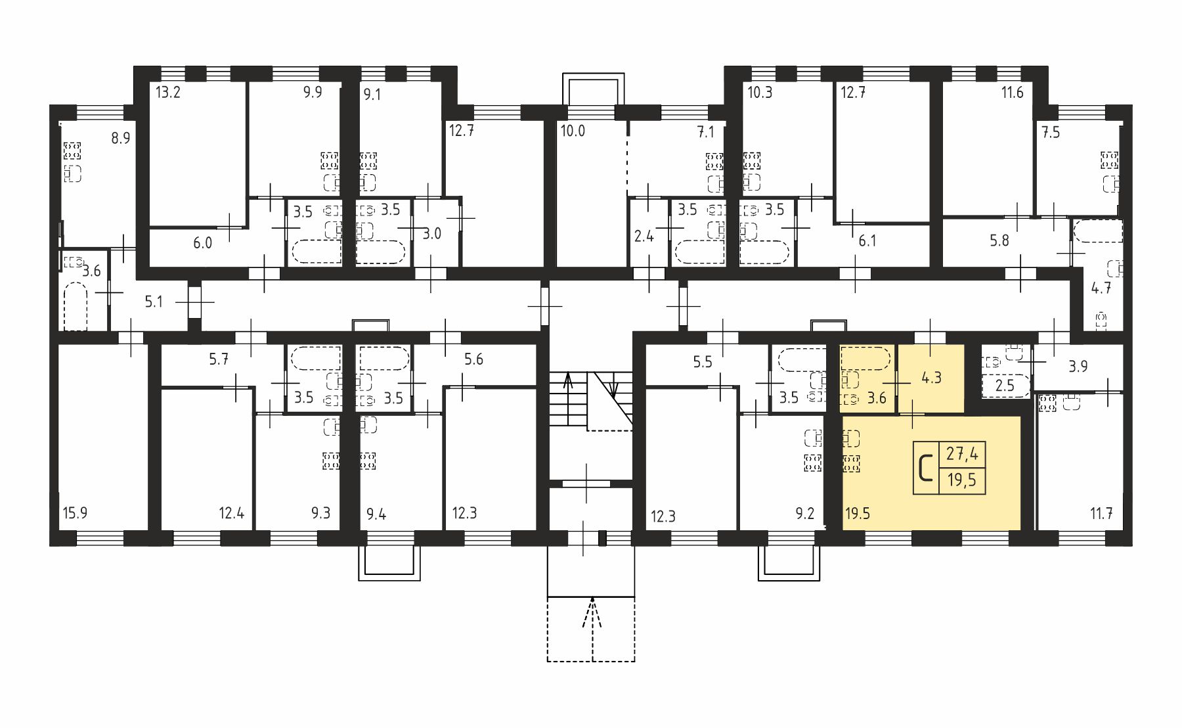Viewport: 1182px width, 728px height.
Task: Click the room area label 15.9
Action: [x=75, y=513]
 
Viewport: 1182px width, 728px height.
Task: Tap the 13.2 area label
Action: [x=167, y=92]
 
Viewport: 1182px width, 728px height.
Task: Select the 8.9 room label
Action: [x=120, y=138]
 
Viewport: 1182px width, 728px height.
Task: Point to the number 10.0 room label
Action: [x=573, y=131]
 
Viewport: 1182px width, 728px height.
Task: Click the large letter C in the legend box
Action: [x=926, y=468]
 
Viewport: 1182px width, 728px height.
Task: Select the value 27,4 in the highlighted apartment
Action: [x=962, y=454]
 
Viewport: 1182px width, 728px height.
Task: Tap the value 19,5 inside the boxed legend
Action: [x=962, y=481]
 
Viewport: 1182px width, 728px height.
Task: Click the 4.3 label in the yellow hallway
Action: [x=931, y=378]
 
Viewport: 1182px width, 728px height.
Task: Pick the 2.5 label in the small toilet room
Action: [x=1005, y=386]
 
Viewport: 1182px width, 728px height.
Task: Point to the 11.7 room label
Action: [x=1101, y=513]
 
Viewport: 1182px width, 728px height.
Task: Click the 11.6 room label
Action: [x=1012, y=93]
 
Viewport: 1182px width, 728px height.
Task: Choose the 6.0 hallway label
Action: [x=202, y=243]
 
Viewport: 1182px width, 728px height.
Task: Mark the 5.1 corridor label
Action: [x=154, y=302]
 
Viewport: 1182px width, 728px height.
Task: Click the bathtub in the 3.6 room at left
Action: [x=76, y=306]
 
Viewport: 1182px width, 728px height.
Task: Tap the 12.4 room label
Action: [x=232, y=513]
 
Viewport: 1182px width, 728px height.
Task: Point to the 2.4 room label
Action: [x=644, y=236]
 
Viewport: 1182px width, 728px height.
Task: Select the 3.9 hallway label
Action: [x=1078, y=367]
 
